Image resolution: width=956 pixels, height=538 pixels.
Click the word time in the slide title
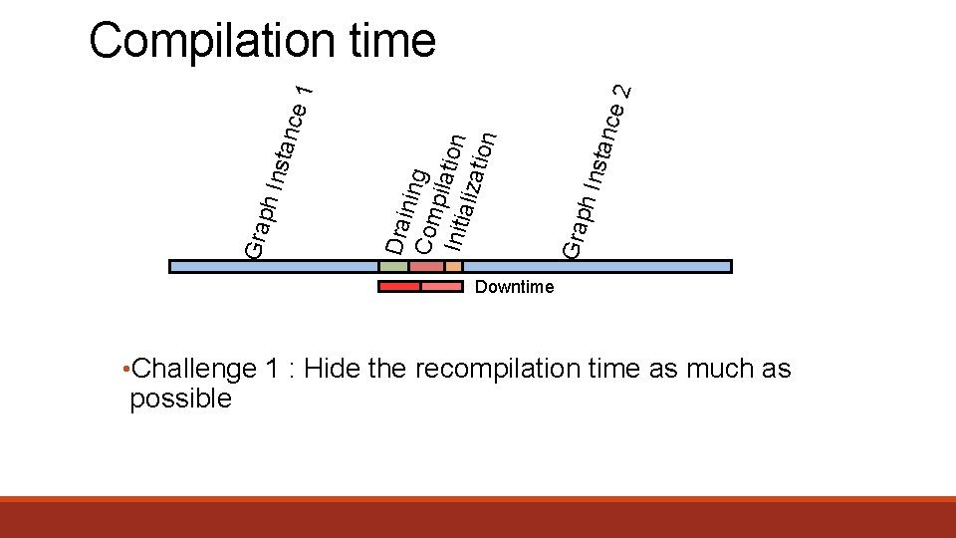[x=393, y=42]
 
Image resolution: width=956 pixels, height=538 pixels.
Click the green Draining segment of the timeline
[x=393, y=267]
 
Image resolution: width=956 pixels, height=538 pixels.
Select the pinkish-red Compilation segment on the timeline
[x=426, y=267]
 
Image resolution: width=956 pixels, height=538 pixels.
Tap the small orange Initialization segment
[x=453, y=267]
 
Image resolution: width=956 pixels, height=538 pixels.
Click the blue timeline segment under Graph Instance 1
[x=274, y=267]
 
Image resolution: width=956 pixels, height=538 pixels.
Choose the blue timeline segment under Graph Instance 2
[x=597, y=267]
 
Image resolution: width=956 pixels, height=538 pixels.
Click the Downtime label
[x=514, y=288]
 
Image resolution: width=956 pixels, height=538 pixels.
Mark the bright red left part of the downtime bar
[x=399, y=287]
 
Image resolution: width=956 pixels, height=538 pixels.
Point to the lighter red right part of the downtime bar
[x=442, y=287]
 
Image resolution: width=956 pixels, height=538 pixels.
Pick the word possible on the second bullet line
[x=180, y=400]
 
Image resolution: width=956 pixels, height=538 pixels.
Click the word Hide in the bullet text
[x=333, y=370]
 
